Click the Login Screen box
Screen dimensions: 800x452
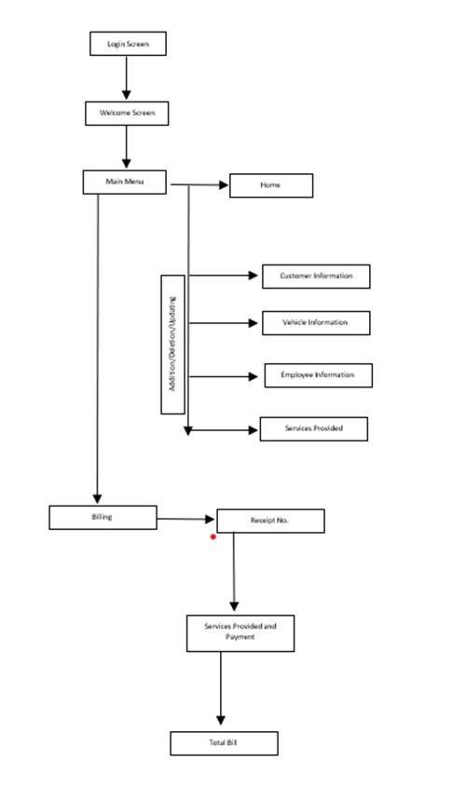point(128,43)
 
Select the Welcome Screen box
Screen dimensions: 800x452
point(127,114)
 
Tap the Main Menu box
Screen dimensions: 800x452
point(124,181)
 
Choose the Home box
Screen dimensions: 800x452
point(271,186)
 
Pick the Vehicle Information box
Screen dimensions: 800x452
point(315,322)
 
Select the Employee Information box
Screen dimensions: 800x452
point(318,375)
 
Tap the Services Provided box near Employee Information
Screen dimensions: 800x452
point(313,428)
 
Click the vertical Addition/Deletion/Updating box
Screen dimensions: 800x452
point(172,344)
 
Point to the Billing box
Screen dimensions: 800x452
point(103,517)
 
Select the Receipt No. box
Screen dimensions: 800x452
point(270,521)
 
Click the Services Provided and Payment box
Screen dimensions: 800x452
point(240,632)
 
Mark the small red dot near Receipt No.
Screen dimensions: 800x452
point(213,536)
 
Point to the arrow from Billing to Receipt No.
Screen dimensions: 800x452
point(186,519)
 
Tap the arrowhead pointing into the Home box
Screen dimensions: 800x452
point(224,185)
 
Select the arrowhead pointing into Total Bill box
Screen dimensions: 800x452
point(221,720)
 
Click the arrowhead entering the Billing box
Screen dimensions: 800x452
point(98,498)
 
